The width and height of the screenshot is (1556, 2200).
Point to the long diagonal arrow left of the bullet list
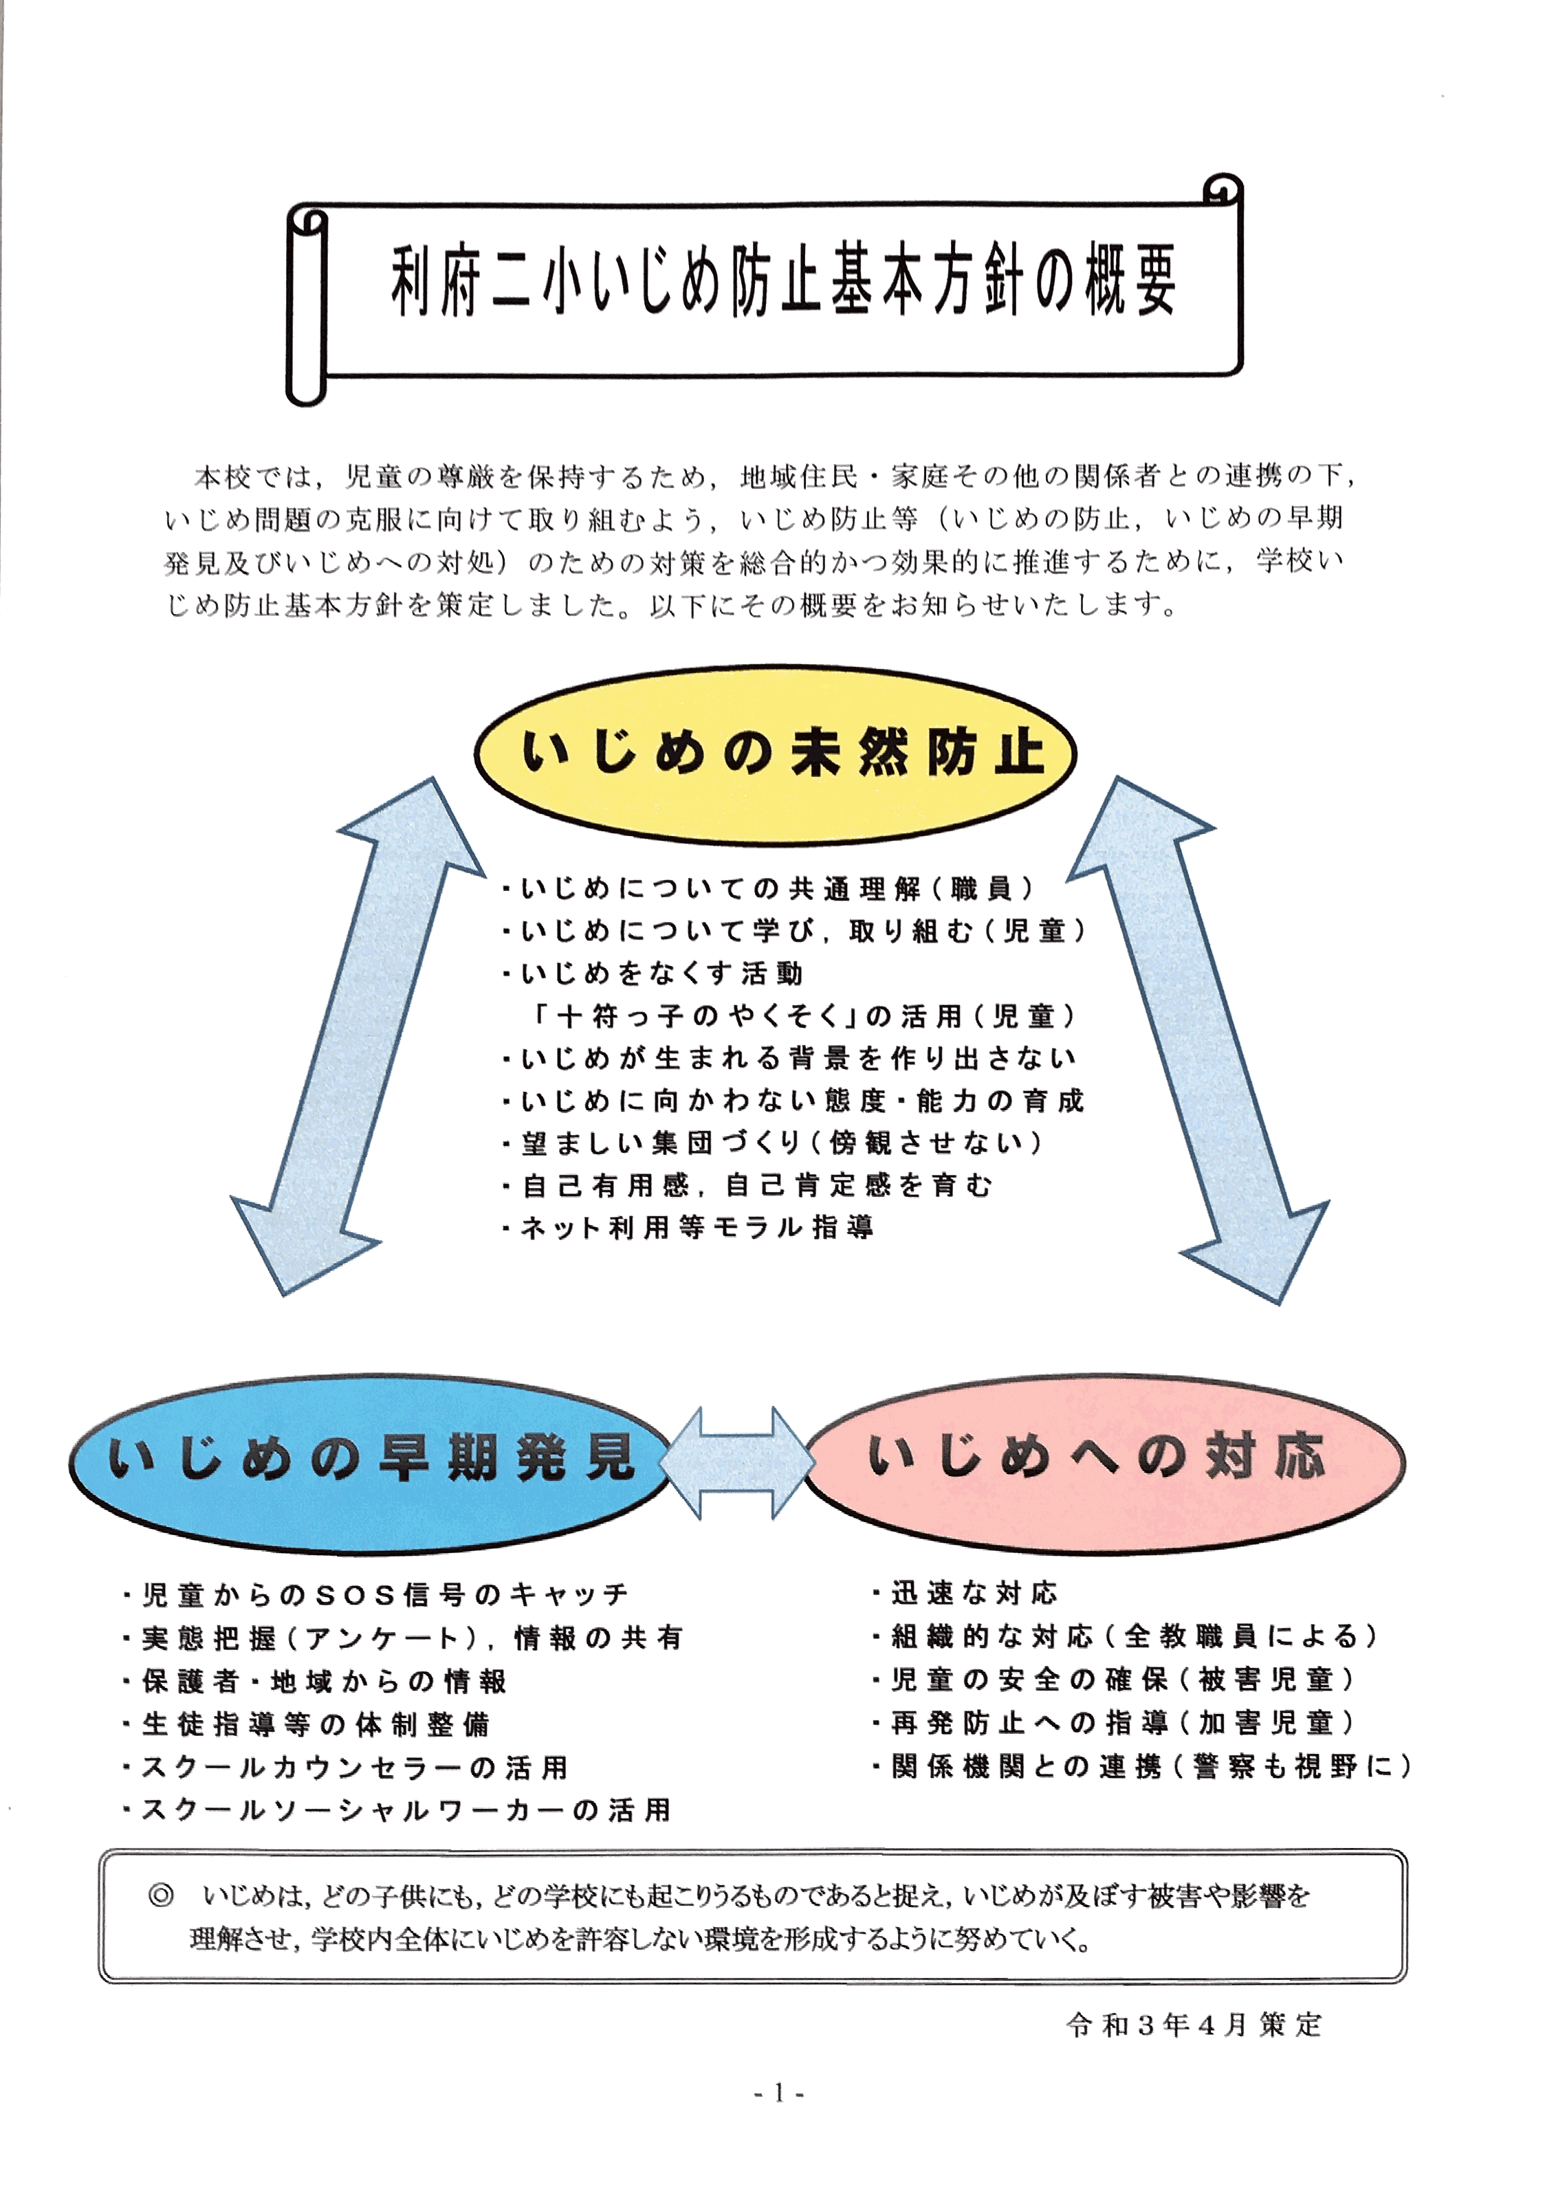coord(355,1035)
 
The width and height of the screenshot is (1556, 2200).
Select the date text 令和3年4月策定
coord(1194,2025)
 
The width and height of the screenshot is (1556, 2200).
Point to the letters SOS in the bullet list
coord(355,1596)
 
